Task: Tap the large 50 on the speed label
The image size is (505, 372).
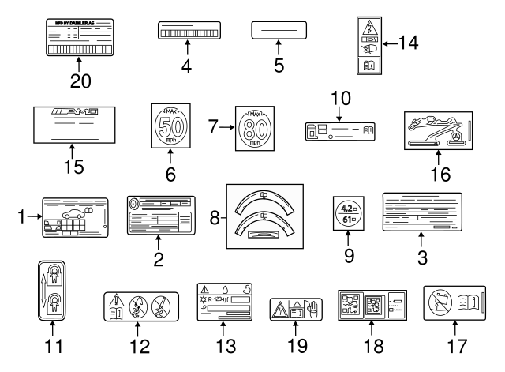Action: [x=170, y=126]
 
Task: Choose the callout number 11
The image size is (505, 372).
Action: [x=52, y=345]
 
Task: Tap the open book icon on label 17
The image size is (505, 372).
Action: [x=466, y=301]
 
